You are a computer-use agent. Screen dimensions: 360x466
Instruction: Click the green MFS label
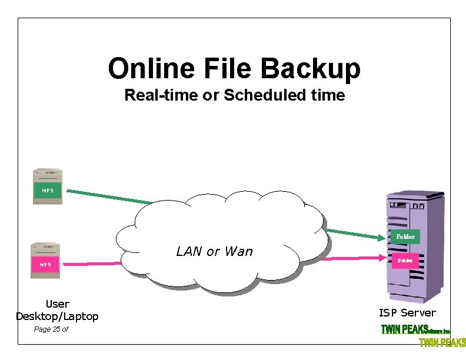47,190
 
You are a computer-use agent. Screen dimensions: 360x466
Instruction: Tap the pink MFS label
45,264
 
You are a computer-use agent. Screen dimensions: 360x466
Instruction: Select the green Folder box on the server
405,236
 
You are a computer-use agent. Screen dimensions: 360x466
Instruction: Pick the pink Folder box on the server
405,259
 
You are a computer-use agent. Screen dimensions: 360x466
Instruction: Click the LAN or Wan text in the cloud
214,252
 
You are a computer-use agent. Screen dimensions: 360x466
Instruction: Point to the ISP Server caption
407,313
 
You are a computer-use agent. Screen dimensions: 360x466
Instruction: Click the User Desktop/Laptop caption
57,310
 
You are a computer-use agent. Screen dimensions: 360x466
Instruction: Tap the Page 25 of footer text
51,329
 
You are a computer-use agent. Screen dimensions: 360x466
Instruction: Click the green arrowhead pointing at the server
380,237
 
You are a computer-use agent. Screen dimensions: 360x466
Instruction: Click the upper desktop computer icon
48,186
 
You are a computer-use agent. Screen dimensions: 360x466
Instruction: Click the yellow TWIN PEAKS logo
442,342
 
